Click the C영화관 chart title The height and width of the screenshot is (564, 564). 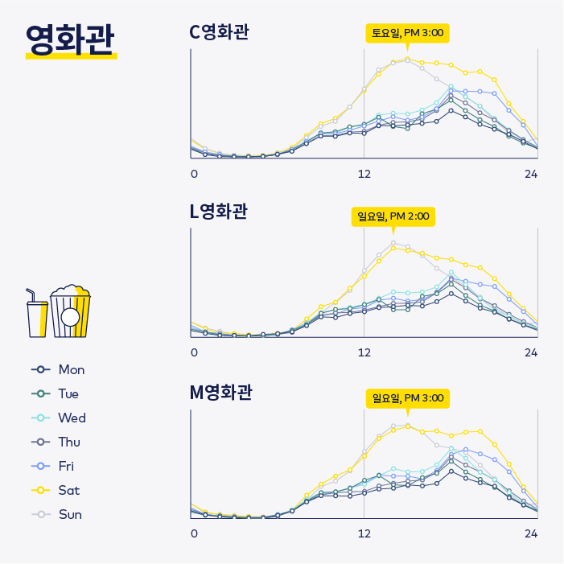coord(219,32)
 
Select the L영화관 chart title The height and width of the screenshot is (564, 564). coord(218,212)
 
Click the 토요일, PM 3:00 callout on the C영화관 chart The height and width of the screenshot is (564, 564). coord(407,33)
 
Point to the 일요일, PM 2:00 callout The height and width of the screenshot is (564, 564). coord(393,216)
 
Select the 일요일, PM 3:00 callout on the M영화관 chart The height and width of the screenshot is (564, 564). coord(407,398)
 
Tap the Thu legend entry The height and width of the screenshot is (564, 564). coord(57,442)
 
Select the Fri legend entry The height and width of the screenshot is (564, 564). coord(56,466)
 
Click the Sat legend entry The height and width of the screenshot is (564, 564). coord(56,490)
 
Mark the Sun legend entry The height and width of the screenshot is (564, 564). coord(57,514)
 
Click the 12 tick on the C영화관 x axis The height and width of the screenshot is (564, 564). coord(364,174)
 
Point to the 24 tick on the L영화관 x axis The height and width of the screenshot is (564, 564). coord(531,352)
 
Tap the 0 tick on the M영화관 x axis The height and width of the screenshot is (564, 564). coord(194,533)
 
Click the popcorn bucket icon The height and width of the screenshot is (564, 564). coord(71,312)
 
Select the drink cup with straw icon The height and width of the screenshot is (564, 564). coord(37,314)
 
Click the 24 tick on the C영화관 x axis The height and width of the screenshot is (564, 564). coord(531,174)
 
